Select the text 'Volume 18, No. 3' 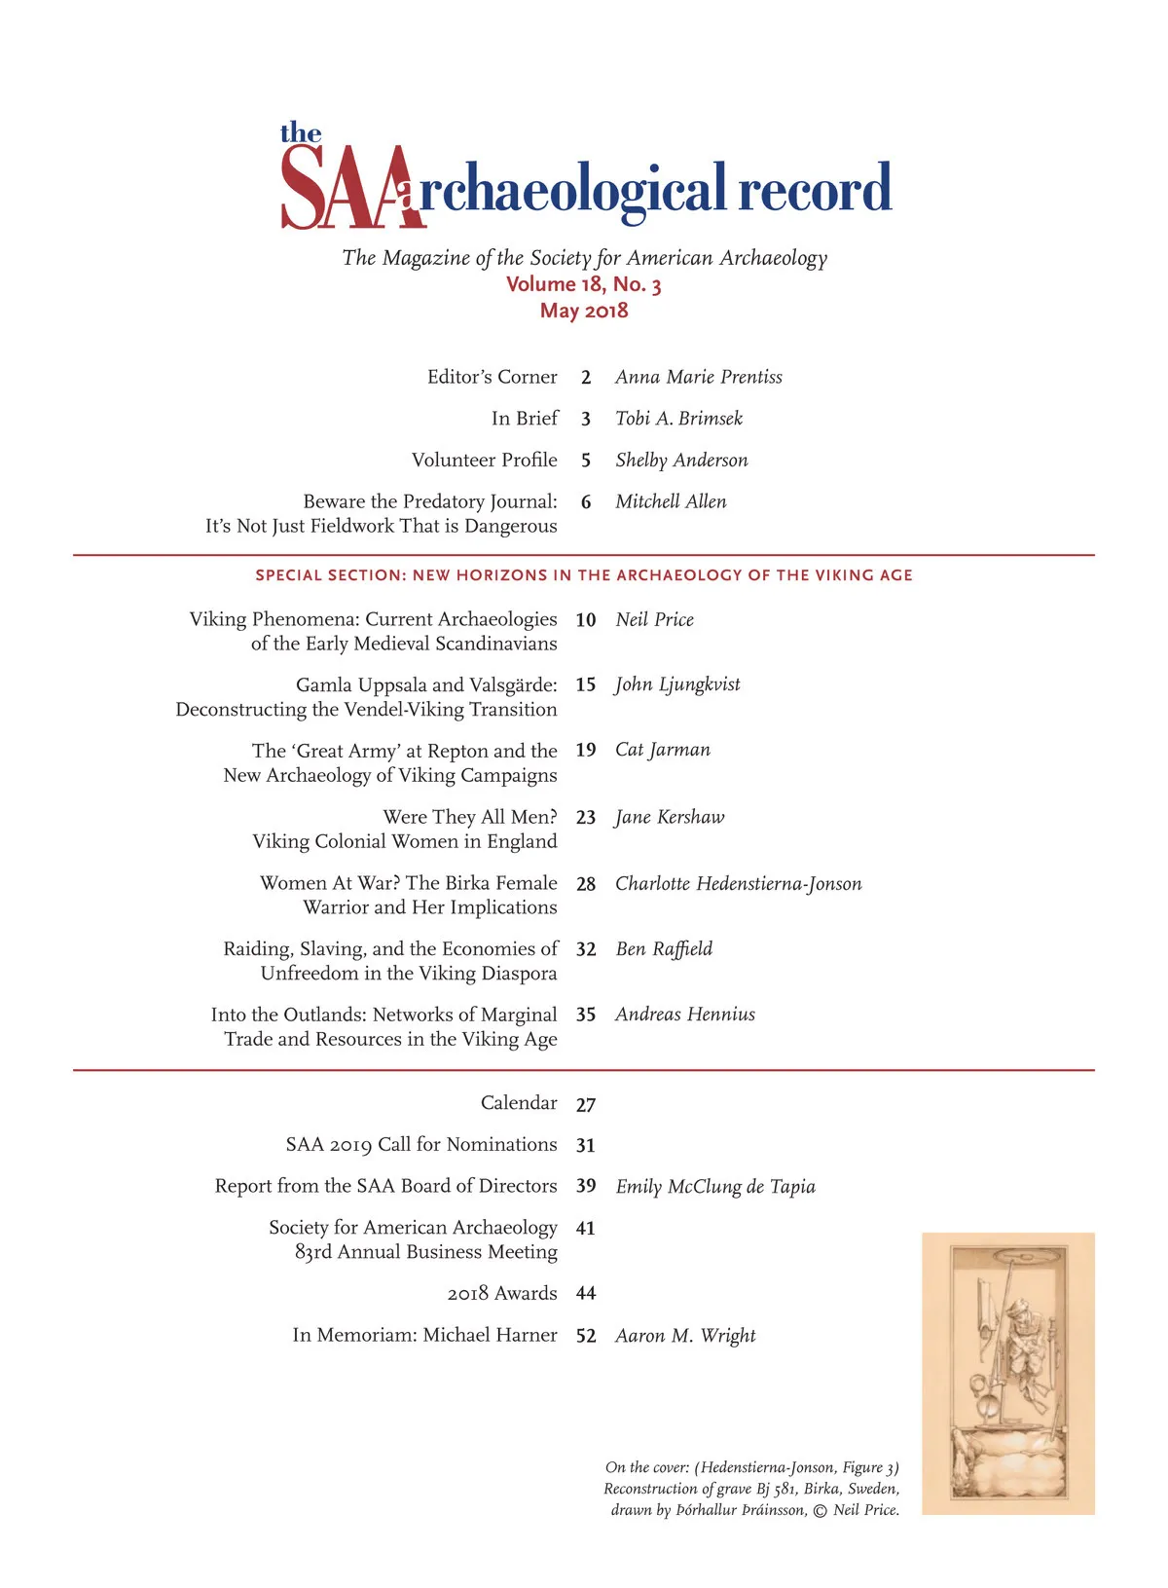pos(583,284)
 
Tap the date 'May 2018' pos(584,311)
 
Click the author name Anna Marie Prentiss pos(698,377)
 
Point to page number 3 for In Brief pos(586,419)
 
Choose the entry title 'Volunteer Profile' pos(484,460)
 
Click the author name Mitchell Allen pos(671,501)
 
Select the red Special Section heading pos(584,575)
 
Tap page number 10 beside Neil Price pos(586,620)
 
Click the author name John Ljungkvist pos(677,684)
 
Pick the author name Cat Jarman pos(663,750)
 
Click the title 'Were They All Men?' pos(470,817)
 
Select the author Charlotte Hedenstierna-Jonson pos(738,884)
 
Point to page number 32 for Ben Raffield pos(586,949)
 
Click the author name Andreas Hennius pos(685,1015)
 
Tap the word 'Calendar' pos(519,1102)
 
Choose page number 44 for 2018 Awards pos(586,1293)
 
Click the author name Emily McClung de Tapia pos(715,1186)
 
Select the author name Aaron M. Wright pos(685,1336)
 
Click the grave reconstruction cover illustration pos(1007,1373)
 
